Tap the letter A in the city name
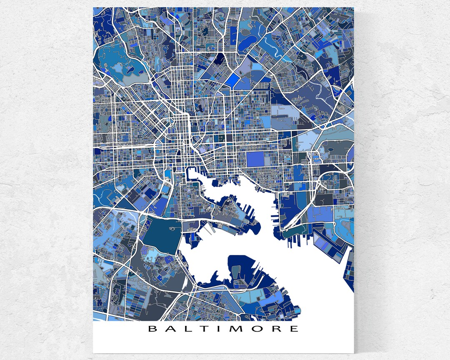click(x=171, y=329)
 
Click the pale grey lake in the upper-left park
click(x=117, y=69)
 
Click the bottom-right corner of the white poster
click(x=353, y=352)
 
